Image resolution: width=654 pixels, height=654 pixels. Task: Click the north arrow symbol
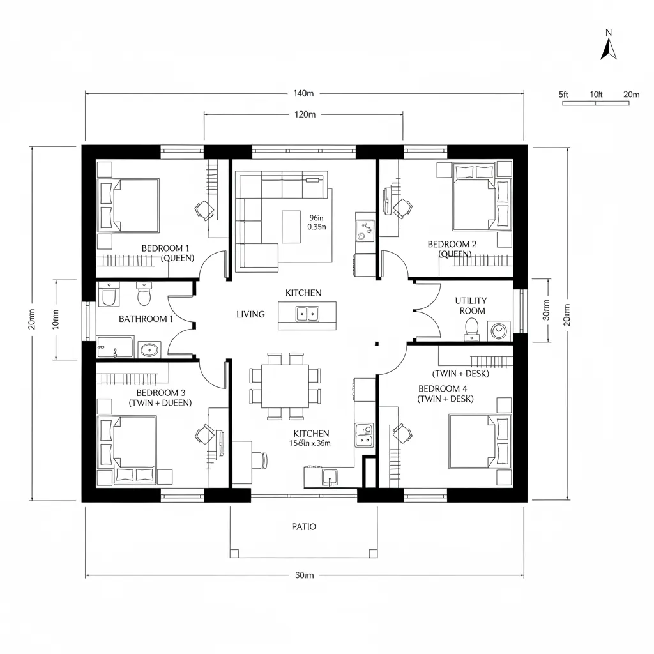pos(609,48)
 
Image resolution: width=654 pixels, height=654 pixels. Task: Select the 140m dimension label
pos(303,93)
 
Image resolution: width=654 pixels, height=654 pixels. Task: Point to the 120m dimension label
pos(303,115)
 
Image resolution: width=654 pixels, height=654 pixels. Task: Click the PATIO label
pos(303,527)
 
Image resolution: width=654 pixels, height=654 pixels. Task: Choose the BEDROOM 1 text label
pos(165,248)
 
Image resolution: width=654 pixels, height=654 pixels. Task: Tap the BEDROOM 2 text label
pos(452,244)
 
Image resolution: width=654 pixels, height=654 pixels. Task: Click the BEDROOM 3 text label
pos(160,393)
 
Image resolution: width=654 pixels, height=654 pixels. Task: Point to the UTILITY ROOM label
pos(471,305)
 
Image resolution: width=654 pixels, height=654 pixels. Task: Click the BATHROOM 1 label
pos(146,319)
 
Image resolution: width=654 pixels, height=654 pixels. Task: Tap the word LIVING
pos(250,314)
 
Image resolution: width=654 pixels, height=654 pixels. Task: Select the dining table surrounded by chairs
pos(285,386)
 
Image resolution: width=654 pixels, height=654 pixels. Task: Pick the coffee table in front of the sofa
pos(291,227)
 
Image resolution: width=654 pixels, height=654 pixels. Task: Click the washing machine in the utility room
pos(498,331)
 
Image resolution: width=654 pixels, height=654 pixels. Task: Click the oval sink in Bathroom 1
pos(149,349)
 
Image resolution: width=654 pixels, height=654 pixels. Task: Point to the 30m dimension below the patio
pos(303,575)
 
